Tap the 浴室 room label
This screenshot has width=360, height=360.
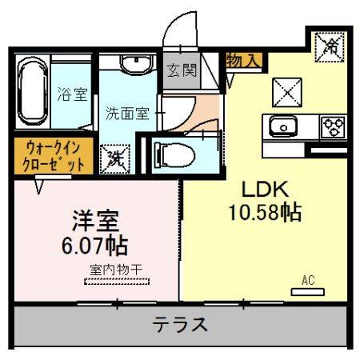tap(72, 94)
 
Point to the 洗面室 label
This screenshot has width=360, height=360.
tap(127, 113)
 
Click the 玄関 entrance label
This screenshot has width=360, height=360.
tap(181, 70)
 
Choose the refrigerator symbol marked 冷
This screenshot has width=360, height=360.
tap(328, 45)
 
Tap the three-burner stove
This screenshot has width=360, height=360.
tap(332, 126)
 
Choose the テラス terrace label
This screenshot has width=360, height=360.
tap(182, 326)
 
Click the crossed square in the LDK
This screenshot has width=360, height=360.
tap(286, 92)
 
